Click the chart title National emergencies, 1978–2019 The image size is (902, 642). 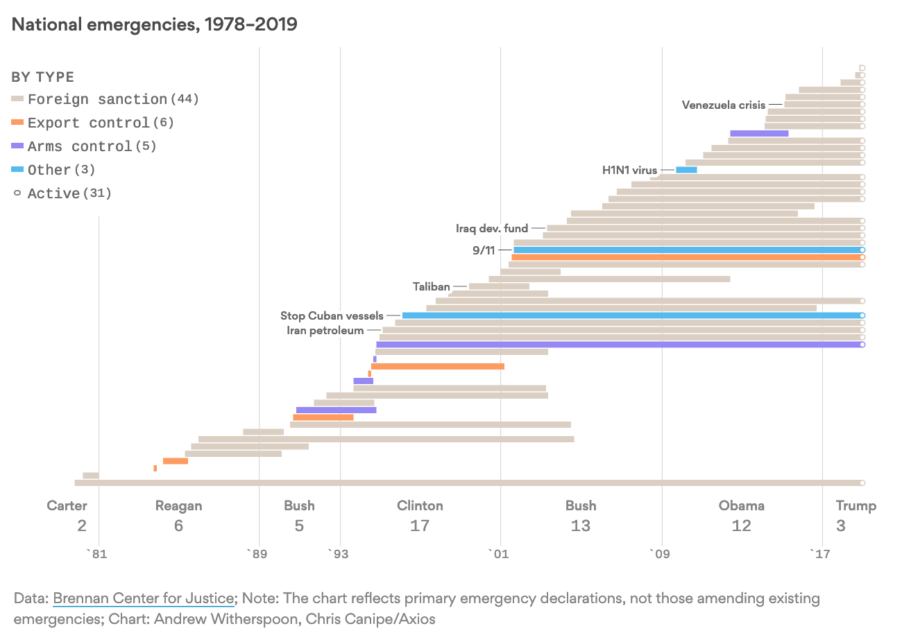coord(154,24)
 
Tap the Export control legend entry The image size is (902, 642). coord(93,123)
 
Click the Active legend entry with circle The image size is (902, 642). coord(62,193)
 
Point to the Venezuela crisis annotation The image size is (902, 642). coord(723,105)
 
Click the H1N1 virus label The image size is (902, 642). coord(629,170)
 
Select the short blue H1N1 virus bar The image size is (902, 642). coord(686,170)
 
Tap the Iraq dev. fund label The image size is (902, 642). coord(491,228)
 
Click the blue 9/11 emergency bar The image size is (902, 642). coord(687,250)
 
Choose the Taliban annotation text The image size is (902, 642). coord(431,286)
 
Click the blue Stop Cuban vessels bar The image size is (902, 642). coord(631,315)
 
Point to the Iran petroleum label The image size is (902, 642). coord(325,330)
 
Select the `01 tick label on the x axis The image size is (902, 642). coord(498,553)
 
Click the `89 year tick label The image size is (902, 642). coord(257,553)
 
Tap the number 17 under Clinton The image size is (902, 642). coord(420,526)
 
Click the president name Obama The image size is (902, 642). coord(741,505)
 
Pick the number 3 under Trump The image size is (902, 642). coord(841,526)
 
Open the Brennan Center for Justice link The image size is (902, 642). coord(143,598)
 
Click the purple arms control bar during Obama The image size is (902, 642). coord(759,133)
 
